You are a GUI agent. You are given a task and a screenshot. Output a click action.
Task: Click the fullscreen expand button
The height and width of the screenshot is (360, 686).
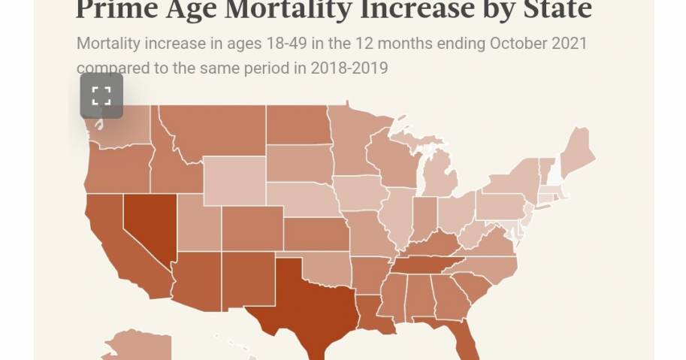click(x=101, y=95)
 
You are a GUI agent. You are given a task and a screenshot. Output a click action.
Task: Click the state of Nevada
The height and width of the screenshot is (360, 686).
click(x=147, y=222)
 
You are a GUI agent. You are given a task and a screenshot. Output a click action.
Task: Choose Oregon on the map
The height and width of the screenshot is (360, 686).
click(x=116, y=165)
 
